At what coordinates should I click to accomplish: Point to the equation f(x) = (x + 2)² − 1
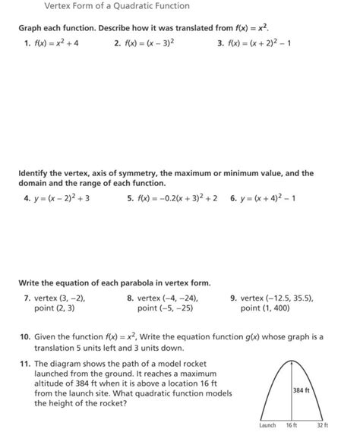click(x=259, y=43)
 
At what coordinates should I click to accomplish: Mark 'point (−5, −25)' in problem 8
click(x=165, y=309)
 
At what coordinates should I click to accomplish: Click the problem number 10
click(x=25, y=335)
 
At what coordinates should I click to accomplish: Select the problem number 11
click(x=25, y=364)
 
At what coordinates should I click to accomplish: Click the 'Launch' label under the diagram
click(x=267, y=426)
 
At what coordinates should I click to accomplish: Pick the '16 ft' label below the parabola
click(x=291, y=426)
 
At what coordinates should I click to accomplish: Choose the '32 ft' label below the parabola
click(x=322, y=426)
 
